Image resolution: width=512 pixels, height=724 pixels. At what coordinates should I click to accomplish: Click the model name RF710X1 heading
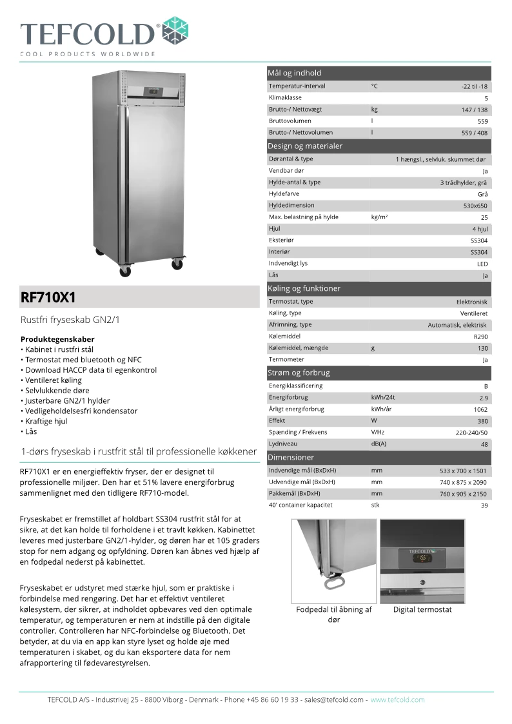48,298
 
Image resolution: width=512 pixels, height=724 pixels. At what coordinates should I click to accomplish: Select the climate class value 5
486,98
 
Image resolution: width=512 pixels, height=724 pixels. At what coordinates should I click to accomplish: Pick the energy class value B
486,386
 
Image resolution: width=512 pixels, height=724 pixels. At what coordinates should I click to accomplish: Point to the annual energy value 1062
480,409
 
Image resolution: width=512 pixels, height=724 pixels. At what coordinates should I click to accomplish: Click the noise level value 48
484,445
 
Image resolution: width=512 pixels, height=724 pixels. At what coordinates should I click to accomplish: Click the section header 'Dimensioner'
291,457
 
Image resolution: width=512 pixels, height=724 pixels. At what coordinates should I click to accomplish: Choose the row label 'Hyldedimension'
290,205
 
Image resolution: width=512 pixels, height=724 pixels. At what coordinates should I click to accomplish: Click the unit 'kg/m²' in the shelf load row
379,217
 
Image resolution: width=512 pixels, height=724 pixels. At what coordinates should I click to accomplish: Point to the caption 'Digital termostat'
422,609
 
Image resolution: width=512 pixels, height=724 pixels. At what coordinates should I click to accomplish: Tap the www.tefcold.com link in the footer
398,700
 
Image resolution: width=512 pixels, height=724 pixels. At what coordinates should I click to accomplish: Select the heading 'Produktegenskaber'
57,339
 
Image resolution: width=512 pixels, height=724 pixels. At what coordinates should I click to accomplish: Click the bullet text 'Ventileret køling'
54,380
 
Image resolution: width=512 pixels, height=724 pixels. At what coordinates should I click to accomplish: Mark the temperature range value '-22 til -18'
475,86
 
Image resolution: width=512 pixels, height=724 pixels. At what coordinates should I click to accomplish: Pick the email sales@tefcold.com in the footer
335,700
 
